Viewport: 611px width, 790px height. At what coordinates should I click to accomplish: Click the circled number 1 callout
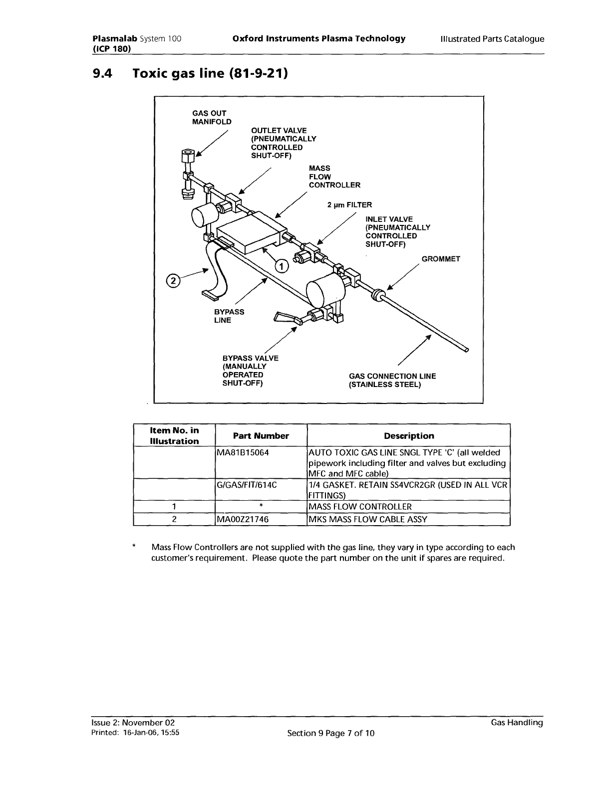point(281,266)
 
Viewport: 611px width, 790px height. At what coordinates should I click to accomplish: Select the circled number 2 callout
point(173,281)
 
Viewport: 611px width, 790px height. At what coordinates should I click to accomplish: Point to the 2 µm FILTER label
point(349,205)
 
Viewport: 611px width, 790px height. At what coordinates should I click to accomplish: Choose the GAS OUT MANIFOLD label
point(212,117)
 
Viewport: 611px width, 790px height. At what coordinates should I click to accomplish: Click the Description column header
point(409,435)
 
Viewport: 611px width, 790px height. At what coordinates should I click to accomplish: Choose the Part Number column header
point(261,435)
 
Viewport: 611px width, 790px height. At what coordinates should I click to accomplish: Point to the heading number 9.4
point(103,74)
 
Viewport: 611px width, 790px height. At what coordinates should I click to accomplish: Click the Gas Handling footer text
point(517,722)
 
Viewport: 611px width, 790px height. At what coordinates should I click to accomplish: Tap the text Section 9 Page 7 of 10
point(330,733)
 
